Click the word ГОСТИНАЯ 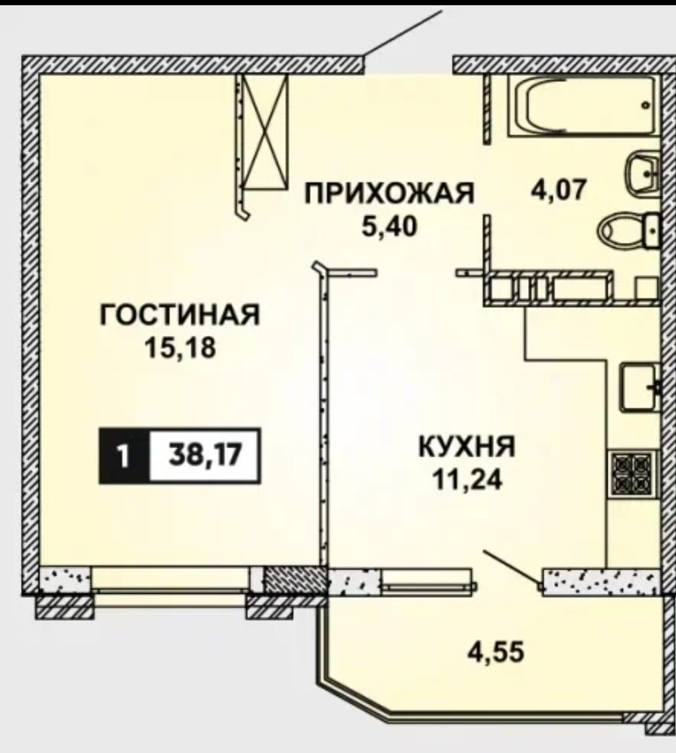point(179,316)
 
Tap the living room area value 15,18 point(179,348)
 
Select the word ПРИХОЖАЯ point(390,195)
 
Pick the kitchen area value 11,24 point(466,480)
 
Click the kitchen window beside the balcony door point(426,580)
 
